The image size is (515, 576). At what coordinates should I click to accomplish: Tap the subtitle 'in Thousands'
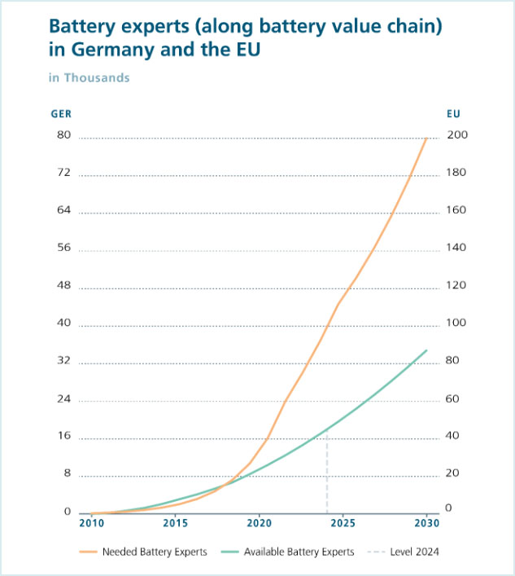click(89, 78)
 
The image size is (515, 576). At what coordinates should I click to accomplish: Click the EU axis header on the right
click(454, 114)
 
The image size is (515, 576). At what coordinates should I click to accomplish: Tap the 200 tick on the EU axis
click(457, 135)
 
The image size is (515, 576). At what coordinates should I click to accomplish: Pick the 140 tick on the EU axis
click(457, 248)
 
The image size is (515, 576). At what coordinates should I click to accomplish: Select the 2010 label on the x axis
click(91, 522)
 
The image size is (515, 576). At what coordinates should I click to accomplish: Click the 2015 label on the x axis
click(175, 522)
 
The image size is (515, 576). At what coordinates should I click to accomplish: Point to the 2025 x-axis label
click(343, 522)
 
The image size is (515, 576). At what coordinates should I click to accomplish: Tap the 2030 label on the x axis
click(427, 522)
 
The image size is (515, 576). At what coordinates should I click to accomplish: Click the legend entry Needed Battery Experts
click(154, 552)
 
